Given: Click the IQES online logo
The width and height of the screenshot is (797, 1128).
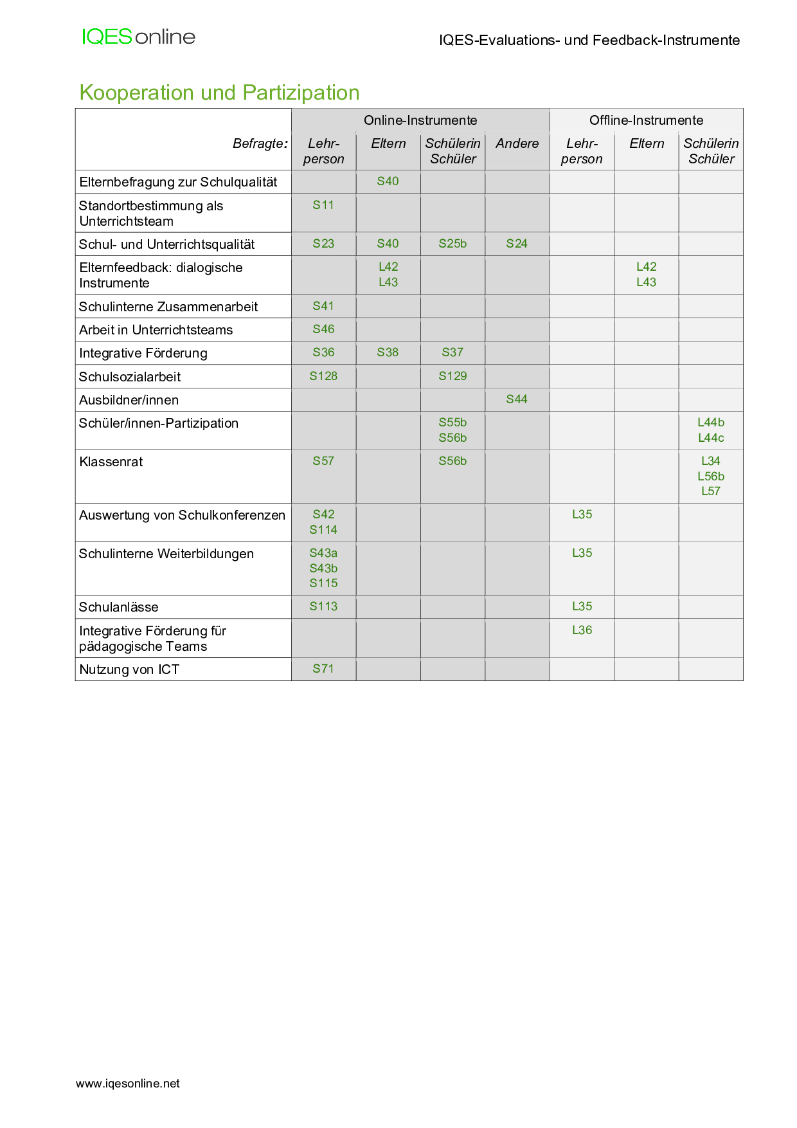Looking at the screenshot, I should tap(138, 37).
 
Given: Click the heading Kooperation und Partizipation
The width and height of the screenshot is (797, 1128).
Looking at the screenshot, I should tap(219, 93).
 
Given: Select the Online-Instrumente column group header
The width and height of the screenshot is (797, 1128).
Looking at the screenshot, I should tap(420, 120).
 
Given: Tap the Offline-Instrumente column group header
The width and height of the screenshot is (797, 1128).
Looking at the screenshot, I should tap(646, 120).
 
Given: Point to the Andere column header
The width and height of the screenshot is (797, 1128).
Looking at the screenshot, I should tap(517, 143).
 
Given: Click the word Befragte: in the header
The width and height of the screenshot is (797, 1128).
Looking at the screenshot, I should tap(260, 143).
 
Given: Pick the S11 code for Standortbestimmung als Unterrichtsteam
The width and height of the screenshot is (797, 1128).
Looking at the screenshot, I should tap(323, 205).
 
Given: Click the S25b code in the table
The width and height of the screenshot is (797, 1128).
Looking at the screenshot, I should tap(452, 244).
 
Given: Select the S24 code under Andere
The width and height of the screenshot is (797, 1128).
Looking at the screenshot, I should tap(517, 244).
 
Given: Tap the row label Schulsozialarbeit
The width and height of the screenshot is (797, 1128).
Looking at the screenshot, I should tap(130, 377).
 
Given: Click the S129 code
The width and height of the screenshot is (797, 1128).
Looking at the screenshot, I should tap(452, 376).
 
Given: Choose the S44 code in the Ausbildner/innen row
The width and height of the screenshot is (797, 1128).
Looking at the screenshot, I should tap(517, 399).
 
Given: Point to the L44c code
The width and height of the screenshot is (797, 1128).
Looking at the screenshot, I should tap(711, 438).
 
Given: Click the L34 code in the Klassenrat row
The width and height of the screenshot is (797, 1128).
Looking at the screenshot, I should tap(711, 461).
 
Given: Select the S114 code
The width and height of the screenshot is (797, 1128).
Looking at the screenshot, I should tap(323, 530).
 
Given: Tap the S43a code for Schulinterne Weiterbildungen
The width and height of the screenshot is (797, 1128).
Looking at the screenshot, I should tap(323, 553).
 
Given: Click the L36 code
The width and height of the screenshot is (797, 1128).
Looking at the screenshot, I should tap(582, 630).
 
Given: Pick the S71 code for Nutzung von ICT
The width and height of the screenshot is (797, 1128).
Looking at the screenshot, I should tap(323, 669).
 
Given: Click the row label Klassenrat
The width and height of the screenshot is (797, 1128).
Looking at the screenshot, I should tap(111, 462).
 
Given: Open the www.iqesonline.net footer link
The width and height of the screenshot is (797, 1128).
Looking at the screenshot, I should tap(128, 1084).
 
